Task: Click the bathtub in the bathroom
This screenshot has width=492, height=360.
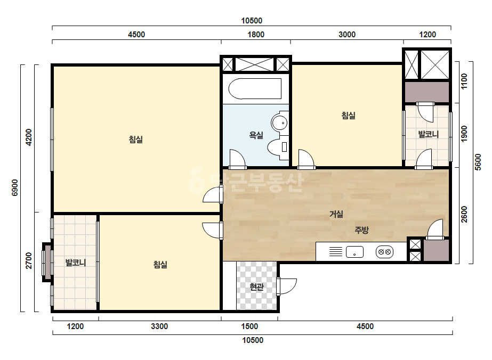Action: pos(255,89)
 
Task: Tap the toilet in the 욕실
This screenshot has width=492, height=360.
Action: pos(278,147)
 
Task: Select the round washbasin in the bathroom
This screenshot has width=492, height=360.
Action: pos(279,122)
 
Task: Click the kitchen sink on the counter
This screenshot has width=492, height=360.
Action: pos(354,252)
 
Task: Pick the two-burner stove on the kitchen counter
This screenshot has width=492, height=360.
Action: pos(384,252)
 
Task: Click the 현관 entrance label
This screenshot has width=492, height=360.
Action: pos(257,287)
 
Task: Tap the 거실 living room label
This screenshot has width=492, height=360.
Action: pos(336,214)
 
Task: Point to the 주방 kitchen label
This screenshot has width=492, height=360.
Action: pos(361,230)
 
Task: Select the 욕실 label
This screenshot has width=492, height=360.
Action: pos(256,135)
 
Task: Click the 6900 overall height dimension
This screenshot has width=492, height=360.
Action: pos(15,188)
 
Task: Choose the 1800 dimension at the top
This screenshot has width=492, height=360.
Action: pos(256,35)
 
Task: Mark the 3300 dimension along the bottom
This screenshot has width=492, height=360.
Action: pos(159,326)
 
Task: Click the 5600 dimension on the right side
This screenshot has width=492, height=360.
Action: pos(478,162)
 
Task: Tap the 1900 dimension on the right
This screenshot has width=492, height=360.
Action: pos(464,134)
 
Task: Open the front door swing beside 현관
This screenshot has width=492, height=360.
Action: pos(287,287)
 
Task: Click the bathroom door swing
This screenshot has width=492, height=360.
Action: pos(238,159)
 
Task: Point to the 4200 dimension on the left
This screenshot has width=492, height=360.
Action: pos(29,137)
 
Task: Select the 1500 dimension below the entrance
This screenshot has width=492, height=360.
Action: pos(249,326)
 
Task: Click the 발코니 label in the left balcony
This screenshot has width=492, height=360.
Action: pos(76,263)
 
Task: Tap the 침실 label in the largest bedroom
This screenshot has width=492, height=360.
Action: pos(136,139)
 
